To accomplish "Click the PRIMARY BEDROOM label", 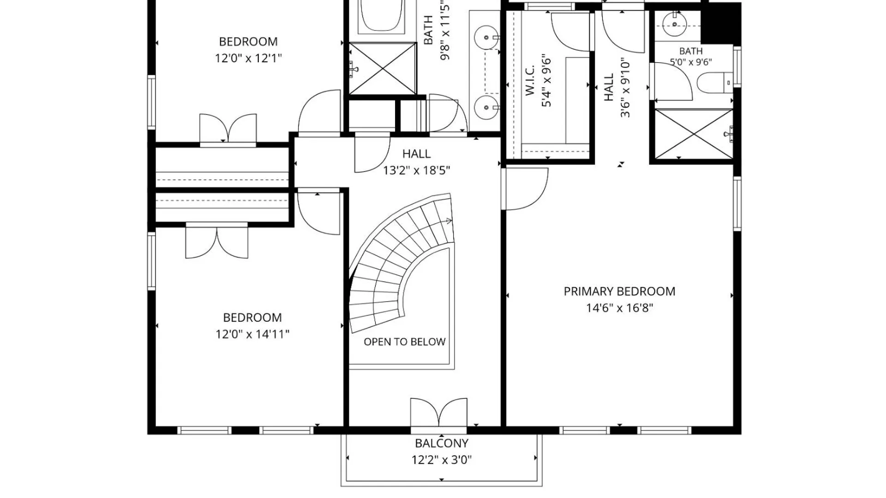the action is [619, 291].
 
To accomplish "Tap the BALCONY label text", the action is [442, 443].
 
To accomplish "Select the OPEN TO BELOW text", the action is [404, 342].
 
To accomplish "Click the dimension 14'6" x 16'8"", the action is [619, 308].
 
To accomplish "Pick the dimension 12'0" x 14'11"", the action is [252, 334].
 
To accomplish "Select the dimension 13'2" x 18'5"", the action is [416, 170].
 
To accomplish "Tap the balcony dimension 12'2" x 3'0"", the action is [442, 460].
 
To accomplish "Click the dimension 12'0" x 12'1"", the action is [248, 58].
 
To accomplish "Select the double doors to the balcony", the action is [438, 413].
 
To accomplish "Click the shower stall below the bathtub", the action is [383, 69].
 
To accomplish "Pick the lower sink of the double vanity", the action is [486, 107].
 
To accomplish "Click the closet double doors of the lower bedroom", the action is [217, 241].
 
